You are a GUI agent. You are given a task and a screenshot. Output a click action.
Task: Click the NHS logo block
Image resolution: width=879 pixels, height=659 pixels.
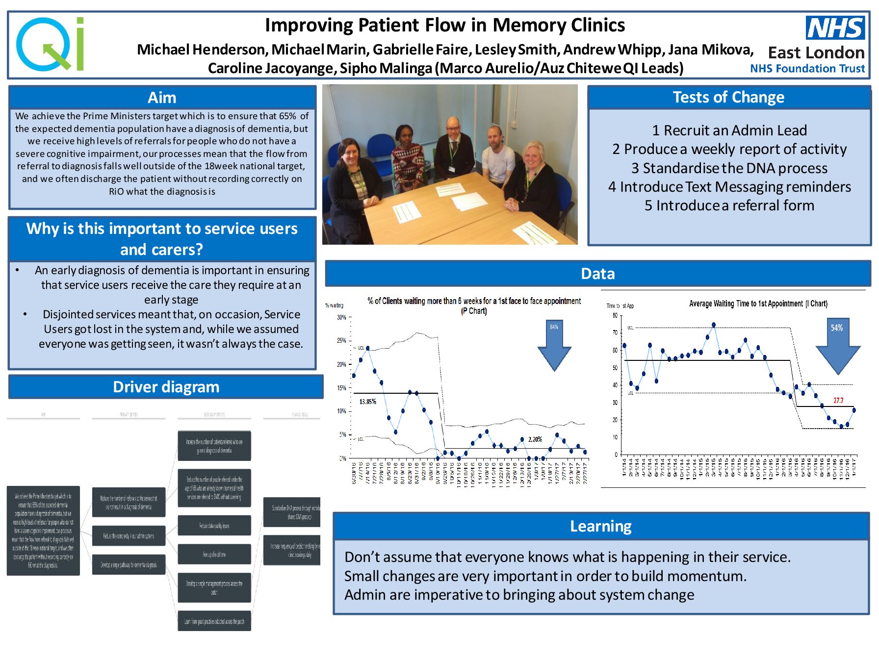point(835,27)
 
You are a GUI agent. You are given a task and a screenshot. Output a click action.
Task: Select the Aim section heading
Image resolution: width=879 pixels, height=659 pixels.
point(162,98)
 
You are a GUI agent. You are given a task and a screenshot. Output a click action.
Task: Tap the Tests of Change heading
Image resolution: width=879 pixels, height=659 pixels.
point(728,97)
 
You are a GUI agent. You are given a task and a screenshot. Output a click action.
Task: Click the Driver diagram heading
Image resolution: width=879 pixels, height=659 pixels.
point(166,387)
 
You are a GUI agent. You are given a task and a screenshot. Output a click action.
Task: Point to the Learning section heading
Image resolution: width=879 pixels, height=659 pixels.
point(600,526)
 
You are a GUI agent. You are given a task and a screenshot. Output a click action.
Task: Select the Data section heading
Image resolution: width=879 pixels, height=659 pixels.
point(597,274)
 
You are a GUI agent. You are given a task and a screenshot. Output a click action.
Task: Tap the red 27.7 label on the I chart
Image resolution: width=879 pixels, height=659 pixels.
point(838,401)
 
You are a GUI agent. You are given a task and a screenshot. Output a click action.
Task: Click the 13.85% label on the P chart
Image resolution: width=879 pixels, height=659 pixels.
point(367,402)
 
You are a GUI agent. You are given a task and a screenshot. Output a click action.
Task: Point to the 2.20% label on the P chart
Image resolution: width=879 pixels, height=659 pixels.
point(535,439)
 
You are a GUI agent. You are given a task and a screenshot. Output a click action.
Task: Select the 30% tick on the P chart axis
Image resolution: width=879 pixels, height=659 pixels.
point(341,317)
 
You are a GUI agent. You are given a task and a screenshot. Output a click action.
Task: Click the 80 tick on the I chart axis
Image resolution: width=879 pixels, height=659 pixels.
point(615,315)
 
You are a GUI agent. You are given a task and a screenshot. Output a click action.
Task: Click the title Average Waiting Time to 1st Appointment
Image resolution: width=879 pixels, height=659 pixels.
point(758,304)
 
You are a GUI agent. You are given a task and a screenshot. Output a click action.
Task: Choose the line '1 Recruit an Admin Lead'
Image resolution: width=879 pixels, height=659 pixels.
point(729,130)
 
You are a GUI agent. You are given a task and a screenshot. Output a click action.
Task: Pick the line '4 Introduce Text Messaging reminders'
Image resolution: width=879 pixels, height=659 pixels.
point(729,187)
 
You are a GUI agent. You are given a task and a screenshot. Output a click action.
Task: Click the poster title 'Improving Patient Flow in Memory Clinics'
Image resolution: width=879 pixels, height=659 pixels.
point(445,25)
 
